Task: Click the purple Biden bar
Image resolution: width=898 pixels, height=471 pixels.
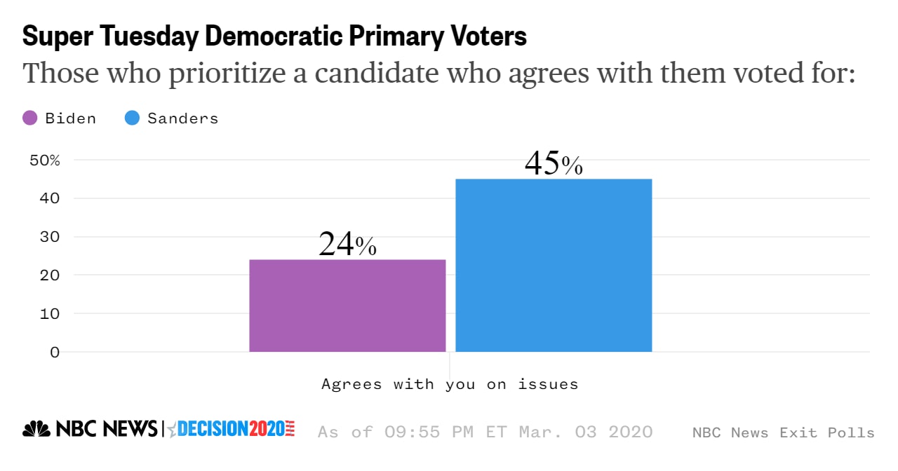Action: [x=347, y=306]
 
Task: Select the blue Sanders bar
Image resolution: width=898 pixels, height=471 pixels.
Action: [x=554, y=265]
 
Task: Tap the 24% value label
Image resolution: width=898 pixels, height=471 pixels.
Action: [x=347, y=244]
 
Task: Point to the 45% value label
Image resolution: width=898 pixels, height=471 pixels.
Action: [x=554, y=163]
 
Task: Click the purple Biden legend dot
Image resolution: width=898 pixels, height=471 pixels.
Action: [x=30, y=118]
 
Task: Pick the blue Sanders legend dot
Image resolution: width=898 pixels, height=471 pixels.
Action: [x=132, y=118]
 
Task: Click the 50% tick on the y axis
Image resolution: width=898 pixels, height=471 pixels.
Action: [x=45, y=160]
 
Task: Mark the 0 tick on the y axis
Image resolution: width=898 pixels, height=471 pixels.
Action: [x=55, y=352]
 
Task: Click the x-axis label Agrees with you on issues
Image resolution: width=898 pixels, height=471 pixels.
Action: [x=450, y=384]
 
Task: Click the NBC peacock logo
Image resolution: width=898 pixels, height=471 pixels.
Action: [x=36, y=429]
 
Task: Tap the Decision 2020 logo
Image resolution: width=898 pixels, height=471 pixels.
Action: [x=231, y=429]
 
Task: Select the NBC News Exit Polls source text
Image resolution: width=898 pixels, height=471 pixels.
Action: [x=783, y=432]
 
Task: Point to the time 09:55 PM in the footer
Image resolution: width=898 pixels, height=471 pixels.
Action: [x=432, y=432]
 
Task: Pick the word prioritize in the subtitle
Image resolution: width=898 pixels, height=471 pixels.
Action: [x=227, y=73]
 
